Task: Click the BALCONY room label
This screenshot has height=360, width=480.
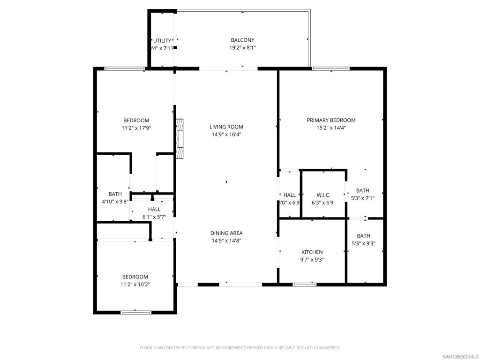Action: tap(242, 40)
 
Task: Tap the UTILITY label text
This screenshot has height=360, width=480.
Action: tap(162, 41)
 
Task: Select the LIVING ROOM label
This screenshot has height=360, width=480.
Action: tap(226, 127)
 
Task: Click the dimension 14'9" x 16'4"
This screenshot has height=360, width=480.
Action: tap(226, 135)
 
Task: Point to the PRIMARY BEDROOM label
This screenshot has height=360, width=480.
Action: tap(331, 120)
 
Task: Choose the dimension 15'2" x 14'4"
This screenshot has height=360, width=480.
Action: tap(331, 128)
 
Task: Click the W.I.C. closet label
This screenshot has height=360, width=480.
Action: tap(323, 195)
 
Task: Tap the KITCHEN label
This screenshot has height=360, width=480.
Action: tap(312, 252)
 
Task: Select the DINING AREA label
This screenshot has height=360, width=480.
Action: tap(226, 233)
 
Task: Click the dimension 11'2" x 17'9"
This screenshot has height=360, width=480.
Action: tap(136, 128)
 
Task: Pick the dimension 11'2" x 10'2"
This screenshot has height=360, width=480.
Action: tap(135, 284)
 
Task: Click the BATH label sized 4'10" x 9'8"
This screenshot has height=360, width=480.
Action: tap(115, 194)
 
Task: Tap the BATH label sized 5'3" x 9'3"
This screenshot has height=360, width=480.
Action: tap(363, 236)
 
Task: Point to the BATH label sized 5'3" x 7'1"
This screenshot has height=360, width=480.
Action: tap(362, 191)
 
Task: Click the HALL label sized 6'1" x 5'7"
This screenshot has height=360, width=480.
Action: tap(154, 210)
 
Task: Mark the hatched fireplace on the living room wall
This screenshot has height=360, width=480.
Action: tap(180, 139)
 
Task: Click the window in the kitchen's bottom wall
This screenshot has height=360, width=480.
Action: tap(305, 284)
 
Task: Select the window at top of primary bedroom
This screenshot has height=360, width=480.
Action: tap(331, 69)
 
